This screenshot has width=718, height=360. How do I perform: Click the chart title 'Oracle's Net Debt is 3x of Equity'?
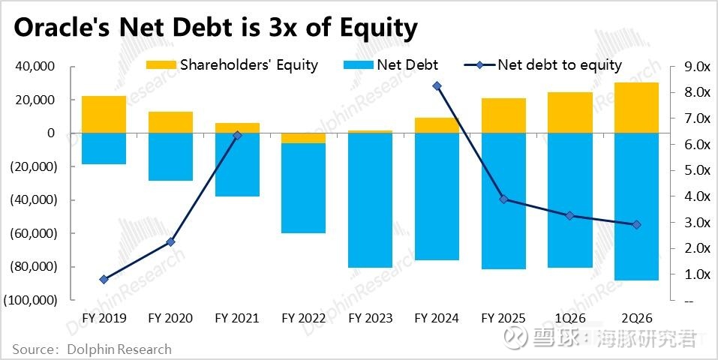pos(215,28)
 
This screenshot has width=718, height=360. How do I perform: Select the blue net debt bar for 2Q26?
pos(636,206)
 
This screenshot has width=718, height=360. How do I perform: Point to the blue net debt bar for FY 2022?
pos(303,187)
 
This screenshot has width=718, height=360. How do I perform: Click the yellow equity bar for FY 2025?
pos(503,115)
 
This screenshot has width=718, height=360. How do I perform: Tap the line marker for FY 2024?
pos(437,86)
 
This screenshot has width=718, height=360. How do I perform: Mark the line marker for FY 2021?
pos(237,136)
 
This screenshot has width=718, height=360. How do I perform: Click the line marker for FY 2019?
pos(104,279)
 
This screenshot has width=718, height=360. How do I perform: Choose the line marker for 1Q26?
pos(570,216)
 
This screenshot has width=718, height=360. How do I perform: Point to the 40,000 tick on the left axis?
pos(35,67)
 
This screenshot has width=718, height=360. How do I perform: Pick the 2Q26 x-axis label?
pos(636,318)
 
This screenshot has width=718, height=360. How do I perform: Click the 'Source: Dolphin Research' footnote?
pos(92,349)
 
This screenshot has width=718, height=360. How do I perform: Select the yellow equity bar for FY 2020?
pos(170,122)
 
